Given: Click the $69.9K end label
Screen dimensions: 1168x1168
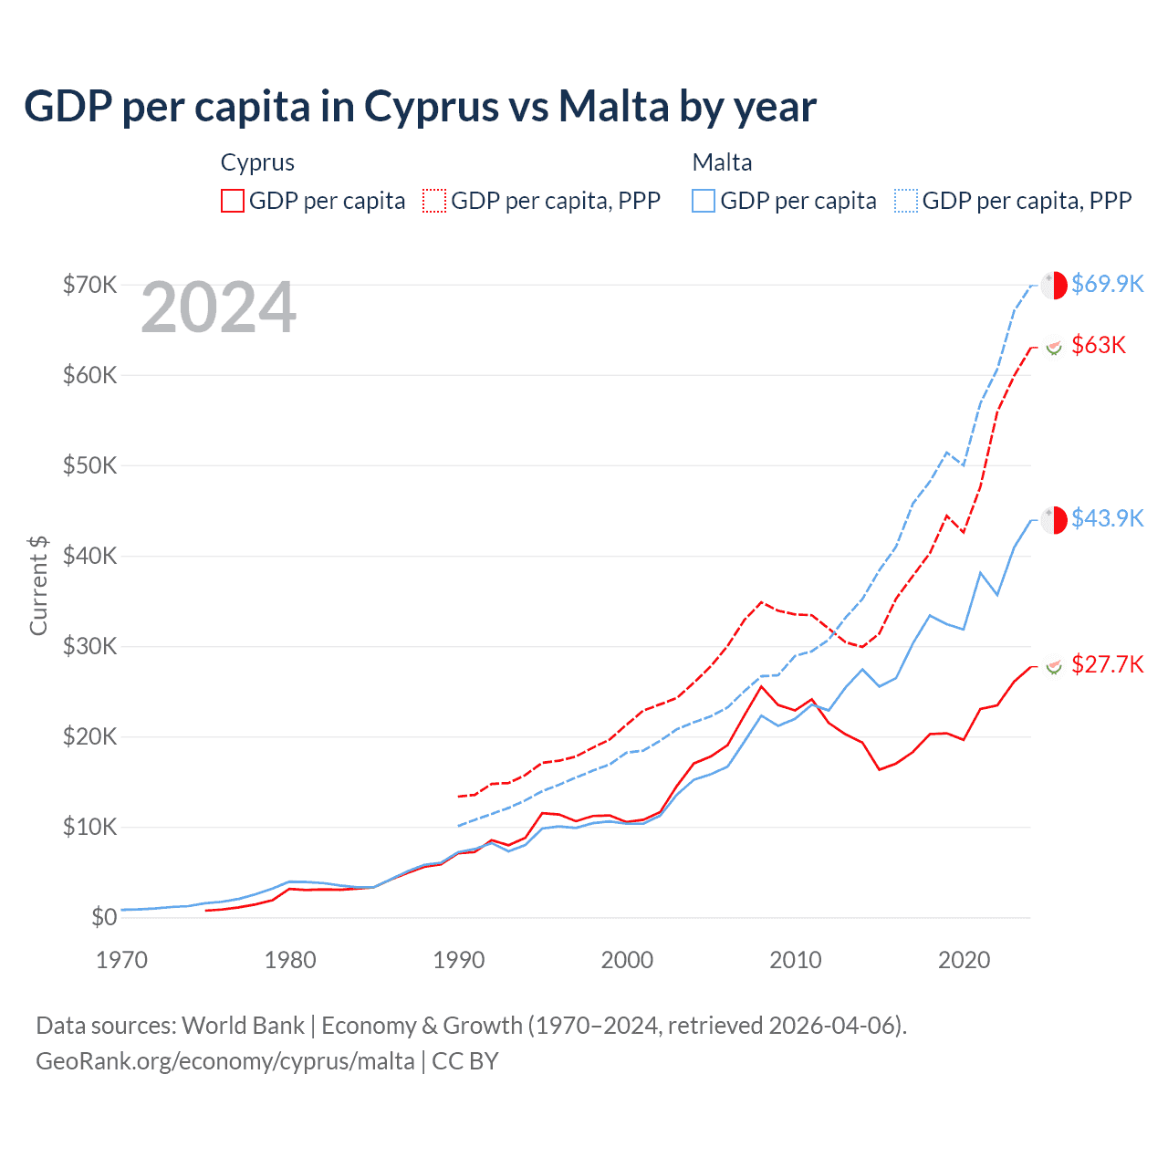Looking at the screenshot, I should pyautogui.click(x=1107, y=284).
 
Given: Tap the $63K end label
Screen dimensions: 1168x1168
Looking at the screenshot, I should pyautogui.click(x=1099, y=345).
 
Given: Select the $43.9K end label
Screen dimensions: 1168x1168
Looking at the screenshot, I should pyautogui.click(x=1107, y=518).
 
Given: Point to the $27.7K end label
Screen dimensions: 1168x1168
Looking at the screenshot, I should pyautogui.click(x=1107, y=664).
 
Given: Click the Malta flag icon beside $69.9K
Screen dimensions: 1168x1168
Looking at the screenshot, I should pyautogui.click(x=1054, y=285).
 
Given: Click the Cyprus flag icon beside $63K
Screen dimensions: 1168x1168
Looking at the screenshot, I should pyautogui.click(x=1054, y=347).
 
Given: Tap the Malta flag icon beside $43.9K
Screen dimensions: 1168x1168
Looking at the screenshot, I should pyautogui.click(x=1054, y=519).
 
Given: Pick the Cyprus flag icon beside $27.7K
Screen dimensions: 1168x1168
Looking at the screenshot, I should pyautogui.click(x=1054, y=666).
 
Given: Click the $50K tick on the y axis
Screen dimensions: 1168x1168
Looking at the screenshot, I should pyautogui.click(x=89, y=465).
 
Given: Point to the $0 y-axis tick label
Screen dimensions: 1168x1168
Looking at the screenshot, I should pyautogui.click(x=104, y=917).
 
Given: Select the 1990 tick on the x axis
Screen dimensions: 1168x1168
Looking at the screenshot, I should pyautogui.click(x=459, y=960).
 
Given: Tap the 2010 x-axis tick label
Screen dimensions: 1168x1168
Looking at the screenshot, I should pyautogui.click(x=796, y=960).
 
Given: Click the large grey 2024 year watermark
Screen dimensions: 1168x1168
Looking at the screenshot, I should pyautogui.click(x=218, y=308).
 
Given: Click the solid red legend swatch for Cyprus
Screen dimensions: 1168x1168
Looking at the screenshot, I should pyautogui.click(x=233, y=201).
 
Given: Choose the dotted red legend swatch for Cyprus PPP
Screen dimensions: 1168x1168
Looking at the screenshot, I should pyautogui.click(x=434, y=201).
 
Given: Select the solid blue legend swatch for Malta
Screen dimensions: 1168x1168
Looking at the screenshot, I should pyautogui.click(x=704, y=201).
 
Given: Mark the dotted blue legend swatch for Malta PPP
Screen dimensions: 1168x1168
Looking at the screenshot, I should pyautogui.click(x=906, y=201).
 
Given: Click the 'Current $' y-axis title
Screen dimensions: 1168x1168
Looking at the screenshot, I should pyautogui.click(x=38, y=586).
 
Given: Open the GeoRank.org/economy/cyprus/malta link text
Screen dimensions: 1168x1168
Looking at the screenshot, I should pyautogui.click(x=225, y=1061).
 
